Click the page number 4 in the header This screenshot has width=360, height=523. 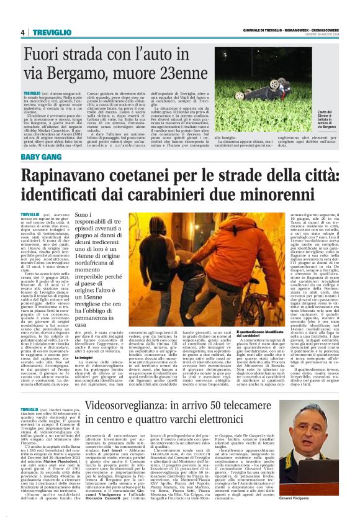[x=22, y=32]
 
